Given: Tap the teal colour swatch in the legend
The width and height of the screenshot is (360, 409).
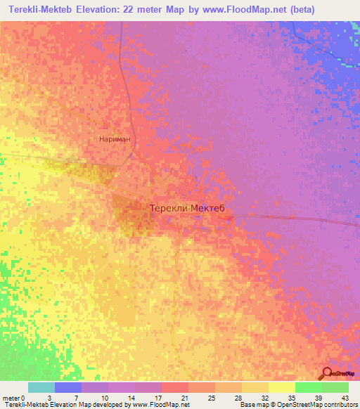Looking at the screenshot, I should coord(41,387).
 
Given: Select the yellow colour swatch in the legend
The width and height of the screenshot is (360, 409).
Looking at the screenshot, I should coord(282,387).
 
